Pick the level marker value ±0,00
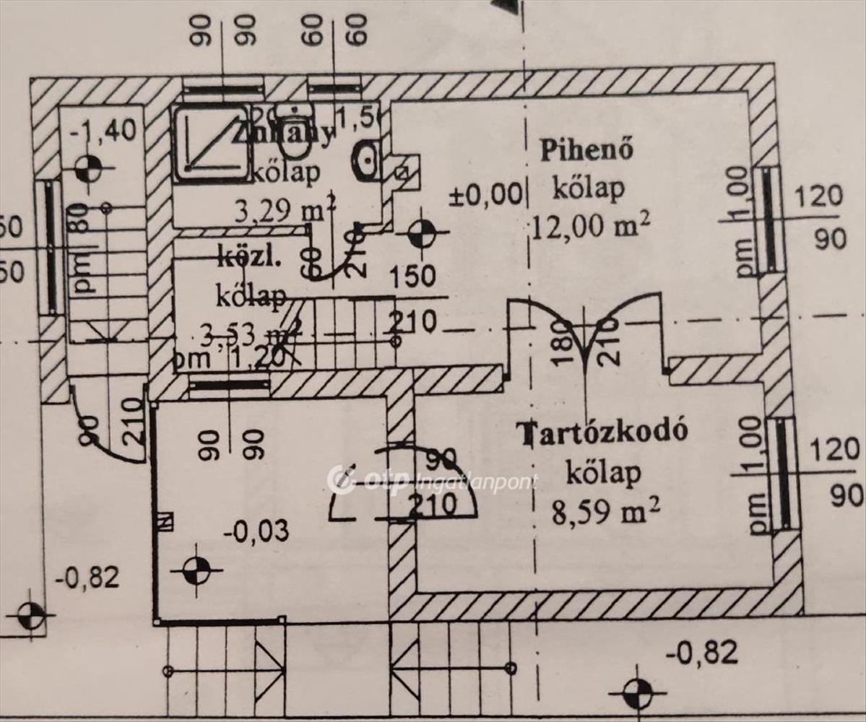pyautogui.click(x=485, y=193)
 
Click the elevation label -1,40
pyautogui.click(x=103, y=132)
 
